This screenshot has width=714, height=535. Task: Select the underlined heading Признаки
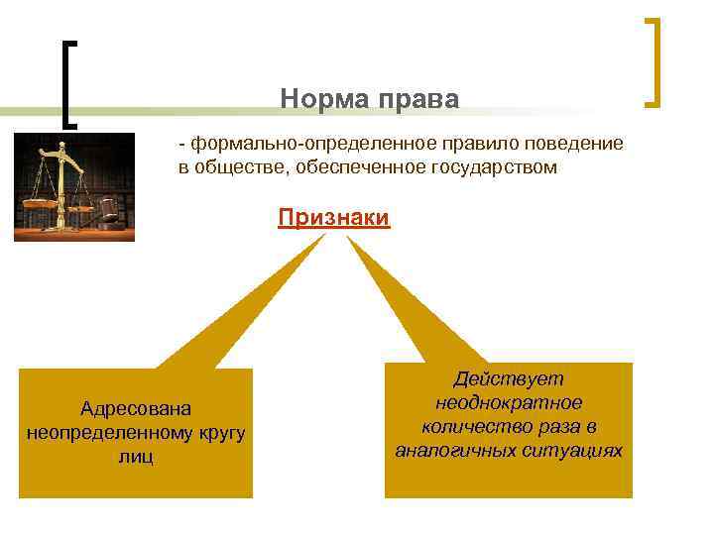click(x=334, y=217)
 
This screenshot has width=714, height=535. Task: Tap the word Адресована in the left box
click(x=136, y=409)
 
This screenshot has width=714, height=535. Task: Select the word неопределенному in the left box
click(x=106, y=433)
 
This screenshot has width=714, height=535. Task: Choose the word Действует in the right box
click(x=508, y=379)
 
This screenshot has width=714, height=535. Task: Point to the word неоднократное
click(x=508, y=403)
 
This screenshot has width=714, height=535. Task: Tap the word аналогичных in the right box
click(x=455, y=451)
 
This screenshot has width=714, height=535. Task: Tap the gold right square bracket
click(x=653, y=61)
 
